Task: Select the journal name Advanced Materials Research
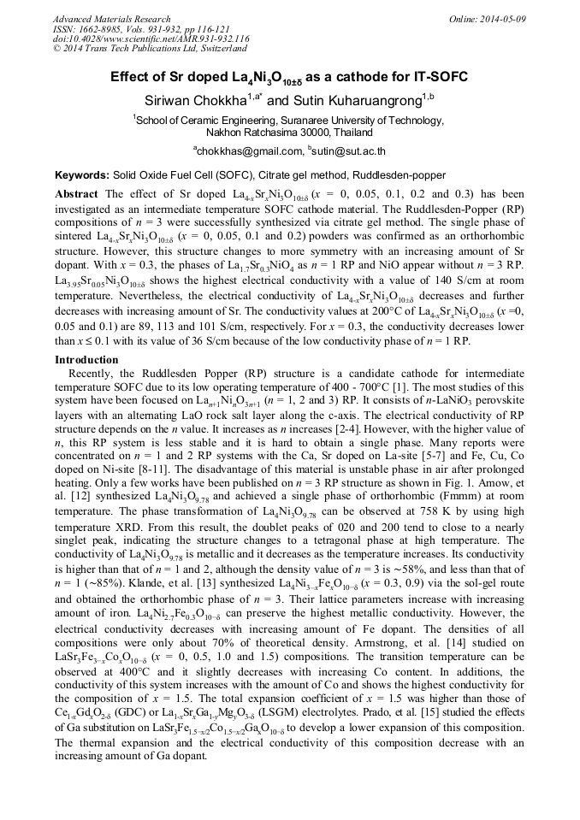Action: point(107,18)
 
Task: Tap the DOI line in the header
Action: point(151,38)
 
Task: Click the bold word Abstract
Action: point(75,194)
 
